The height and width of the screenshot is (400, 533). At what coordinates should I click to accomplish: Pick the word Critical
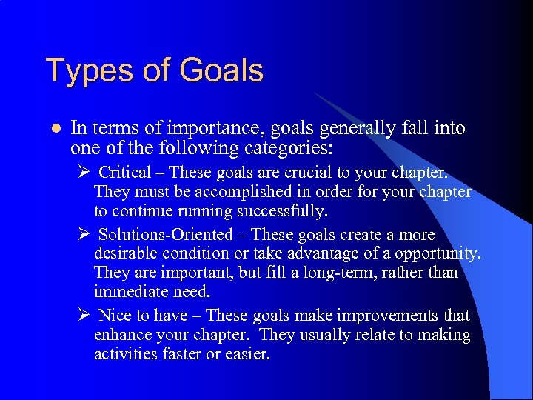coord(124,173)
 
